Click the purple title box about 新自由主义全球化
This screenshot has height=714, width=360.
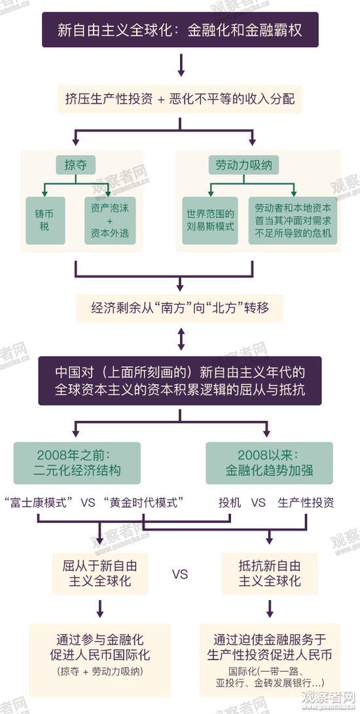[180, 30]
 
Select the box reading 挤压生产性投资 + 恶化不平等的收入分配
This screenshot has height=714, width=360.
[180, 99]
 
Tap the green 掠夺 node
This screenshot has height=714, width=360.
[76, 165]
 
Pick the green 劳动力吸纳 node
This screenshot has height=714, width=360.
[243, 165]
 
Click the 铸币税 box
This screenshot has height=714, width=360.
[45, 221]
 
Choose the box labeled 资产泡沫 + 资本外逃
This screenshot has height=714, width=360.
[110, 221]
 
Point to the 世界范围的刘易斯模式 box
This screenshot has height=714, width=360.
[210, 221]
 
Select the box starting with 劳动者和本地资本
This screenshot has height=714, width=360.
[293, 221]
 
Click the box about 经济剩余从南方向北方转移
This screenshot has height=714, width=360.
[180, 308]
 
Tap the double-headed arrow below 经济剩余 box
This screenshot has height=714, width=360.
[181, 339]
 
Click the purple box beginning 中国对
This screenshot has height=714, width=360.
[180, 381]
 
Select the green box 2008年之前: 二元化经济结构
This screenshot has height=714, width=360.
[77, 463]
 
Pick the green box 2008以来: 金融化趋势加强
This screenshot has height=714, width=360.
[269, 463]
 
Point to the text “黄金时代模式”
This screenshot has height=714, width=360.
[144, 503]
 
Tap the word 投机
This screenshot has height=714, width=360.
[230, 503]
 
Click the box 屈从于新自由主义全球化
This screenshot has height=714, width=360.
[99, 574]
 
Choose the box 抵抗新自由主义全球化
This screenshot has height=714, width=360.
[270, 574]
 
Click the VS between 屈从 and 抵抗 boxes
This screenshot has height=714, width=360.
[180, 574]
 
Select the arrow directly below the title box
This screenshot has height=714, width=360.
[181, 65]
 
